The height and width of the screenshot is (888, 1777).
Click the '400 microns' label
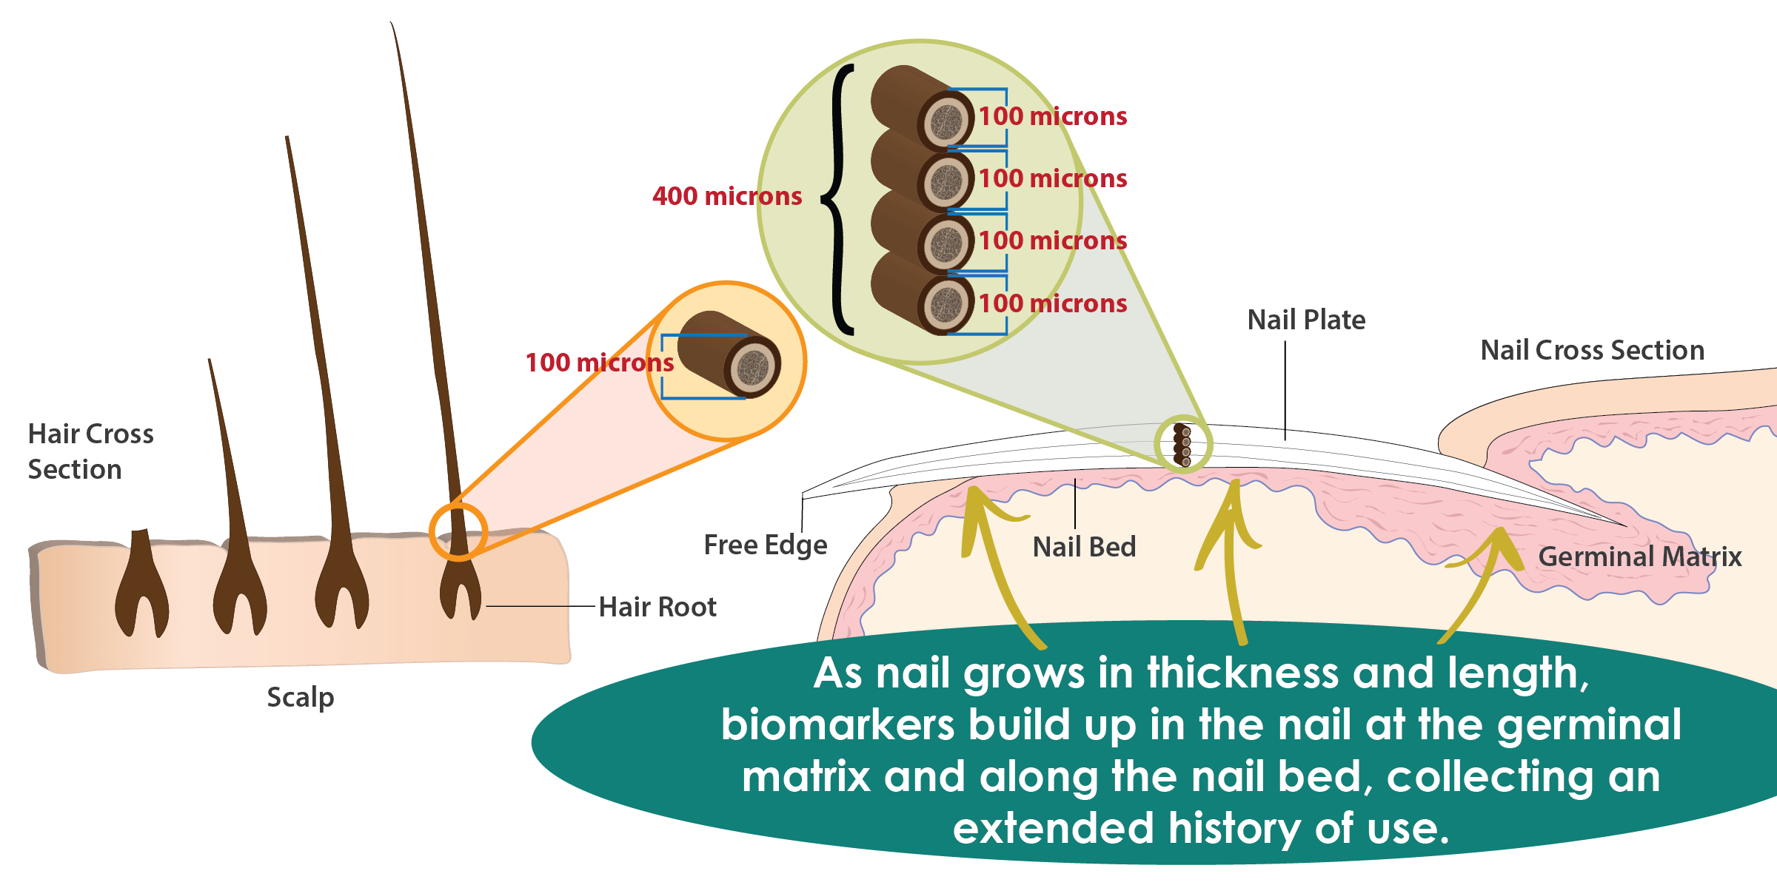pyautogui.click(x=726, y=196)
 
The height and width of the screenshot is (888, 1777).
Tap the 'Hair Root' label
pyautogui.click(x=657, y=607)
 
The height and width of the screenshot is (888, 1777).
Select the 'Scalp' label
pyautogui.click(x=300, y=697)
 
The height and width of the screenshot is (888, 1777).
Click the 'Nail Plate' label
pyautogui.click(x=1306, y=320)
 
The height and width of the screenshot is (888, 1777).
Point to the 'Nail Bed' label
pyautogui.click(x=1084, y=547)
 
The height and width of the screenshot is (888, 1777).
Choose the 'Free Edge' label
pyautogui.click(x=765, y=545)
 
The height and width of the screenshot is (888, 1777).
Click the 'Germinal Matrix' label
pyautogui.click(x=1639, y=556)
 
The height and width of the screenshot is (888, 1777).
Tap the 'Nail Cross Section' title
pyautogui.click(x=1592, y=350)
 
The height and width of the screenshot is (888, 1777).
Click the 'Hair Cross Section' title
pyautogui.click(x=90, y=451)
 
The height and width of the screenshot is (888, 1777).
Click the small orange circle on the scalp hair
pyautogui.click(x=458, y=531)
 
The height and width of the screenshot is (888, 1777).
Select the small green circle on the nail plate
pyautogui.click(x=1182, y=444)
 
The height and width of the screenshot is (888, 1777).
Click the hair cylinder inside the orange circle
pyautogui.click(x=729, y=355)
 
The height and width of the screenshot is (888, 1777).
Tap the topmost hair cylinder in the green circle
pyautogui.click(x=922, y=107)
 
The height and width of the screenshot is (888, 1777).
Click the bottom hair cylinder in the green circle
pyautogui.click(x=922, y=294)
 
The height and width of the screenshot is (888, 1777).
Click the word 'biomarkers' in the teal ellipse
pyautogui.click(x=837, y=725)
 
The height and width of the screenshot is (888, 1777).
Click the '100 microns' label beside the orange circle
pyautogui.click(x=599, y=363)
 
